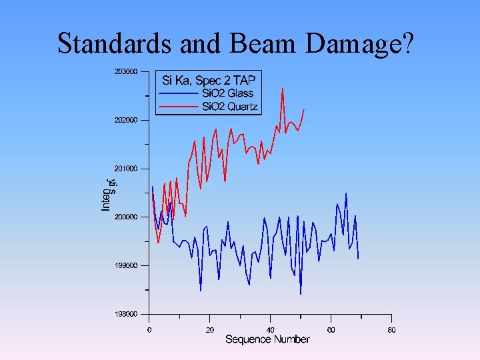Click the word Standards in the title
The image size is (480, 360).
pyautogui.click(x=116, y=43)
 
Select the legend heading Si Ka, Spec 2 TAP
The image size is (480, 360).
pyautogui.click(x=209, y=81)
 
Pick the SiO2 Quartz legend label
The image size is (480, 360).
pyautogui.click(x=230, y=107)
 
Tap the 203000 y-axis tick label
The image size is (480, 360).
pyautogui.click(x=125, y=71)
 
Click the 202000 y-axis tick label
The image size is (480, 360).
pyautogui.click(x=125, y=120)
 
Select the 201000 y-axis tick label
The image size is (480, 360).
pyautogui.click(x=125, y=169)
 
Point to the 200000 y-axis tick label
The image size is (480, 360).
pyautogui.click(x=125, y=217)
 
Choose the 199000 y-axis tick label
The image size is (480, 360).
pyautogui.click(x=125, y=265)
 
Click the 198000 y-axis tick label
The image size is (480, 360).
pyautogui.click(x=125, y=314)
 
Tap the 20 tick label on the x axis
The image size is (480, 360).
pyautogui.click(x=210, y=329)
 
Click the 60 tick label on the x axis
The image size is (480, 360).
pyautogui.click(x=331, y=329)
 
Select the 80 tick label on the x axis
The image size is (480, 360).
pyautogui.click(x=391, y=329)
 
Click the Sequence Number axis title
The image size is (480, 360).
pyautogui.click(x=267, y=340)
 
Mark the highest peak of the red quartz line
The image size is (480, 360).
pyautogui.click(x=283, y=88)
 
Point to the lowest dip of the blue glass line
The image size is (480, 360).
pyautogui.click(x=301, y=294)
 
